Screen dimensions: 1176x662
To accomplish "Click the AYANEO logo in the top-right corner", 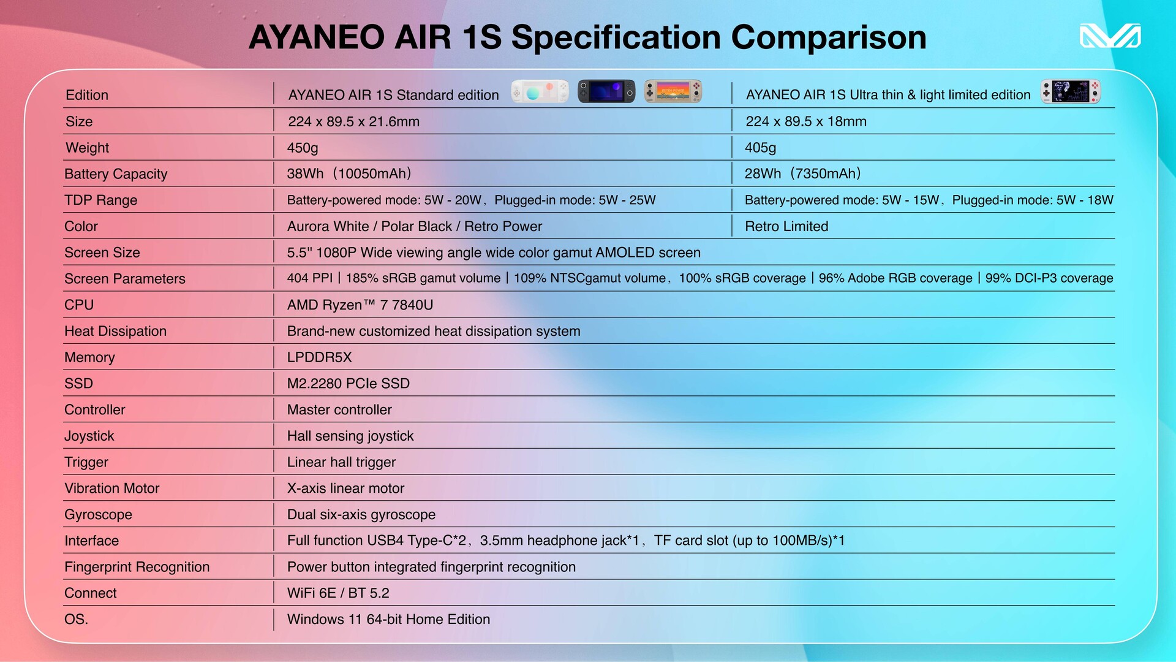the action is coord(1110,36).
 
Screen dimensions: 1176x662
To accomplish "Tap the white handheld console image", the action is coord(540,92).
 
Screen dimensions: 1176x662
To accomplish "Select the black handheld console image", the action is coord(606,92).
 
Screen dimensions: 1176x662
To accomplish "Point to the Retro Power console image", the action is coord(673,92).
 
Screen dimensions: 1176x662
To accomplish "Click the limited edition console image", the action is coord(1071,92).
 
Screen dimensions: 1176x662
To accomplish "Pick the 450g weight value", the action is coord(303,148).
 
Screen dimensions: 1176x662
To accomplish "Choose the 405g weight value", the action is coord(760,148).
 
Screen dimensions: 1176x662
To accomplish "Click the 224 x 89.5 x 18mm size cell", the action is coord(806,121).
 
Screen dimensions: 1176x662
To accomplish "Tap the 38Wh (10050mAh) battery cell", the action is coord(350,173).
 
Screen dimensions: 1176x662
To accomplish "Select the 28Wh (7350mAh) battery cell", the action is coord(804,173).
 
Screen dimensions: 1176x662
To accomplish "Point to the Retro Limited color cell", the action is coord(786,226).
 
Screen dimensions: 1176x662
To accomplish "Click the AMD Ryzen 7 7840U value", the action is coord(360,305).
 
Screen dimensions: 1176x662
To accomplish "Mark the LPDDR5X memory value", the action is coord(320,357).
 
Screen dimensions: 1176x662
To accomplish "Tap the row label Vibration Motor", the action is coord(112,489).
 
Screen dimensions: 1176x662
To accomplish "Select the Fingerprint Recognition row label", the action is coord(137,567).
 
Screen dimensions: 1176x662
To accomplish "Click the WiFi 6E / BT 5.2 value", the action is coord(338,593).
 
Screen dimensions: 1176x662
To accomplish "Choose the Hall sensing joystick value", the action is coord(350,436).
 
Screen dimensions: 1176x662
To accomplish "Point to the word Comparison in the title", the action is coord(829,37).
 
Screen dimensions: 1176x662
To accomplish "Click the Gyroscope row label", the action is coord(99,515).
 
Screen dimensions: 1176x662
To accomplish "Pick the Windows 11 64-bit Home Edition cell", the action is coord(389,619).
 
